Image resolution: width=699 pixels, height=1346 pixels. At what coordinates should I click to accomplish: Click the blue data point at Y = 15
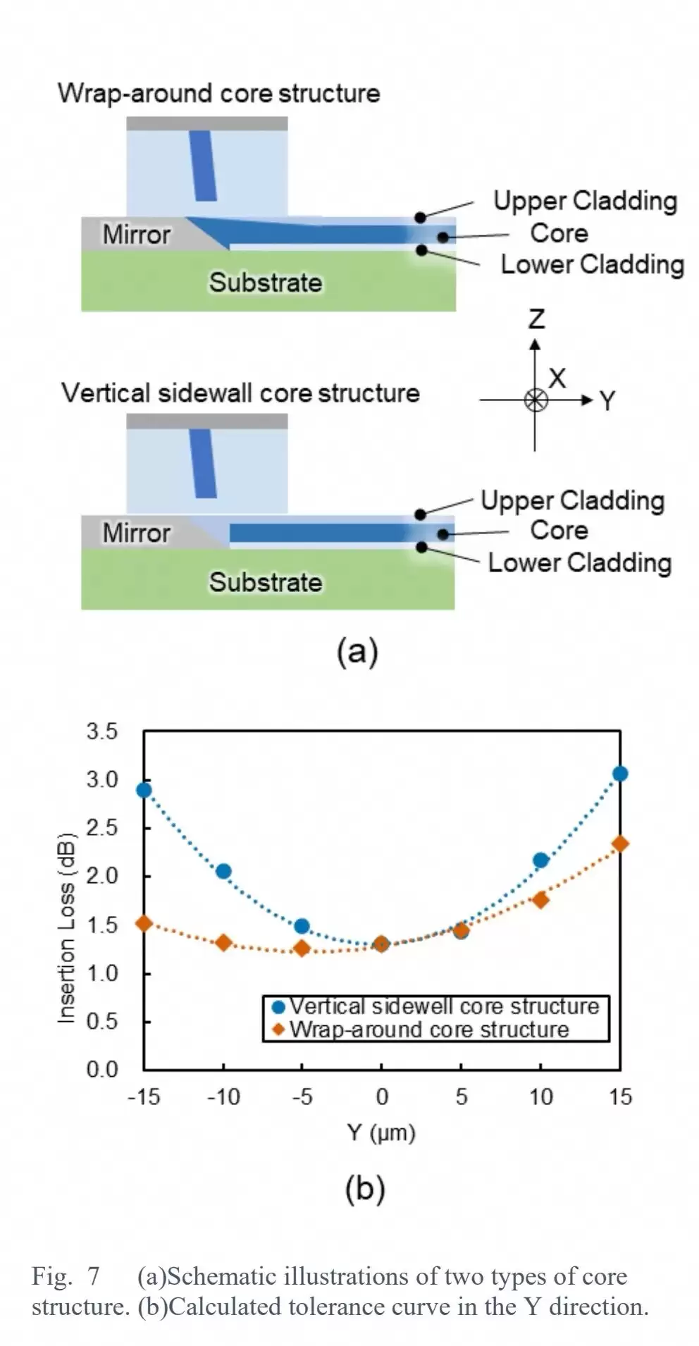(620, 774)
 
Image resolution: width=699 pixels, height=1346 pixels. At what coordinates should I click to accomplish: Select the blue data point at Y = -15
(144, 790)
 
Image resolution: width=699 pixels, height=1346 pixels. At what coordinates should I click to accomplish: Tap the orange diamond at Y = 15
(620, 844)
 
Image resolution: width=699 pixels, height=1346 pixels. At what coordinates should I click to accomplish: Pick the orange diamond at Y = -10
(223, 942)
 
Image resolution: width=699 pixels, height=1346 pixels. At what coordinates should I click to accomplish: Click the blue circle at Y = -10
(223, 871)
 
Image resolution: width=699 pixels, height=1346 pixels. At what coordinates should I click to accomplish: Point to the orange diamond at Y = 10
(540, 899)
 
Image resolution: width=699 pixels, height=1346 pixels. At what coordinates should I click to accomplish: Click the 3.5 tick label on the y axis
(102, 731)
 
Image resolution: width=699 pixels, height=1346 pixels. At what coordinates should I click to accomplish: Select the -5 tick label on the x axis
(302, 1097)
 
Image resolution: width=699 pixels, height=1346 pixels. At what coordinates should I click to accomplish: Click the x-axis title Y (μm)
(381, 1132)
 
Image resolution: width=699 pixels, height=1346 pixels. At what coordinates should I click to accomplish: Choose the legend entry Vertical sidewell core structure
(444, 1006)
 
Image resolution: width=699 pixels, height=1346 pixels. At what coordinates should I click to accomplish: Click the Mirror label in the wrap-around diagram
(136, 235)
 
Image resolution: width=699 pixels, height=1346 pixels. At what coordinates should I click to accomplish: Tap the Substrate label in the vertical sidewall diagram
(266, 582)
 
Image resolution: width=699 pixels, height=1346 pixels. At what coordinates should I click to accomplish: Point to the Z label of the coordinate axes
(536, 319)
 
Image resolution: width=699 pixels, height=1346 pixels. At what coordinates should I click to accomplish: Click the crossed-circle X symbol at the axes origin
(536, 400)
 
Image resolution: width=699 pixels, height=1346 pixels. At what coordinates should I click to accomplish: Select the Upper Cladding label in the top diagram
(585, 201)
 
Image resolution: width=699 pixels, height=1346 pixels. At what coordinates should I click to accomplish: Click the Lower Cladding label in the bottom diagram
(580, 563)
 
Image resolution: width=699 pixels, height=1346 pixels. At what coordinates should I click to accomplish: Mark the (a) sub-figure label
(357, 650)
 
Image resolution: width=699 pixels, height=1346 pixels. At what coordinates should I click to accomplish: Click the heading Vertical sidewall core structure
(240, 393)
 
